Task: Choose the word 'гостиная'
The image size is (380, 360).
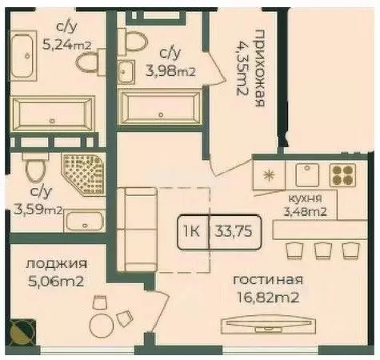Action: click(267, 279)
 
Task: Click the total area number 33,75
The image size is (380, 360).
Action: click(232, 233)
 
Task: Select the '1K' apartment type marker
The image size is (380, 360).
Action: click(192, 233)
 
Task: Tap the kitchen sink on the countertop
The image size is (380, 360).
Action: click(305, 173)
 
